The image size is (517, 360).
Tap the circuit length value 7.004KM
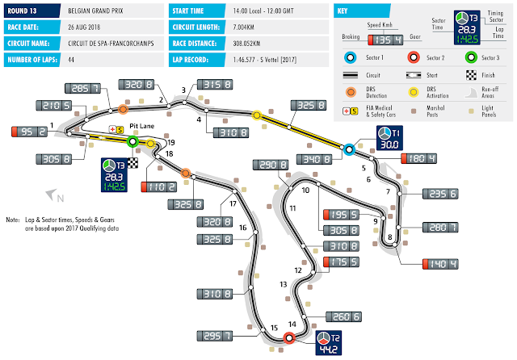[x=246, y=25]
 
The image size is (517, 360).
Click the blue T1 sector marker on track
[x=349, y=149]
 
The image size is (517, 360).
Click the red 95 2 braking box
[x=27, y=130]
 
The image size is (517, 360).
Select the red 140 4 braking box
[x=440, y=264]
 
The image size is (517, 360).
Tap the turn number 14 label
[x=292, y=324]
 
